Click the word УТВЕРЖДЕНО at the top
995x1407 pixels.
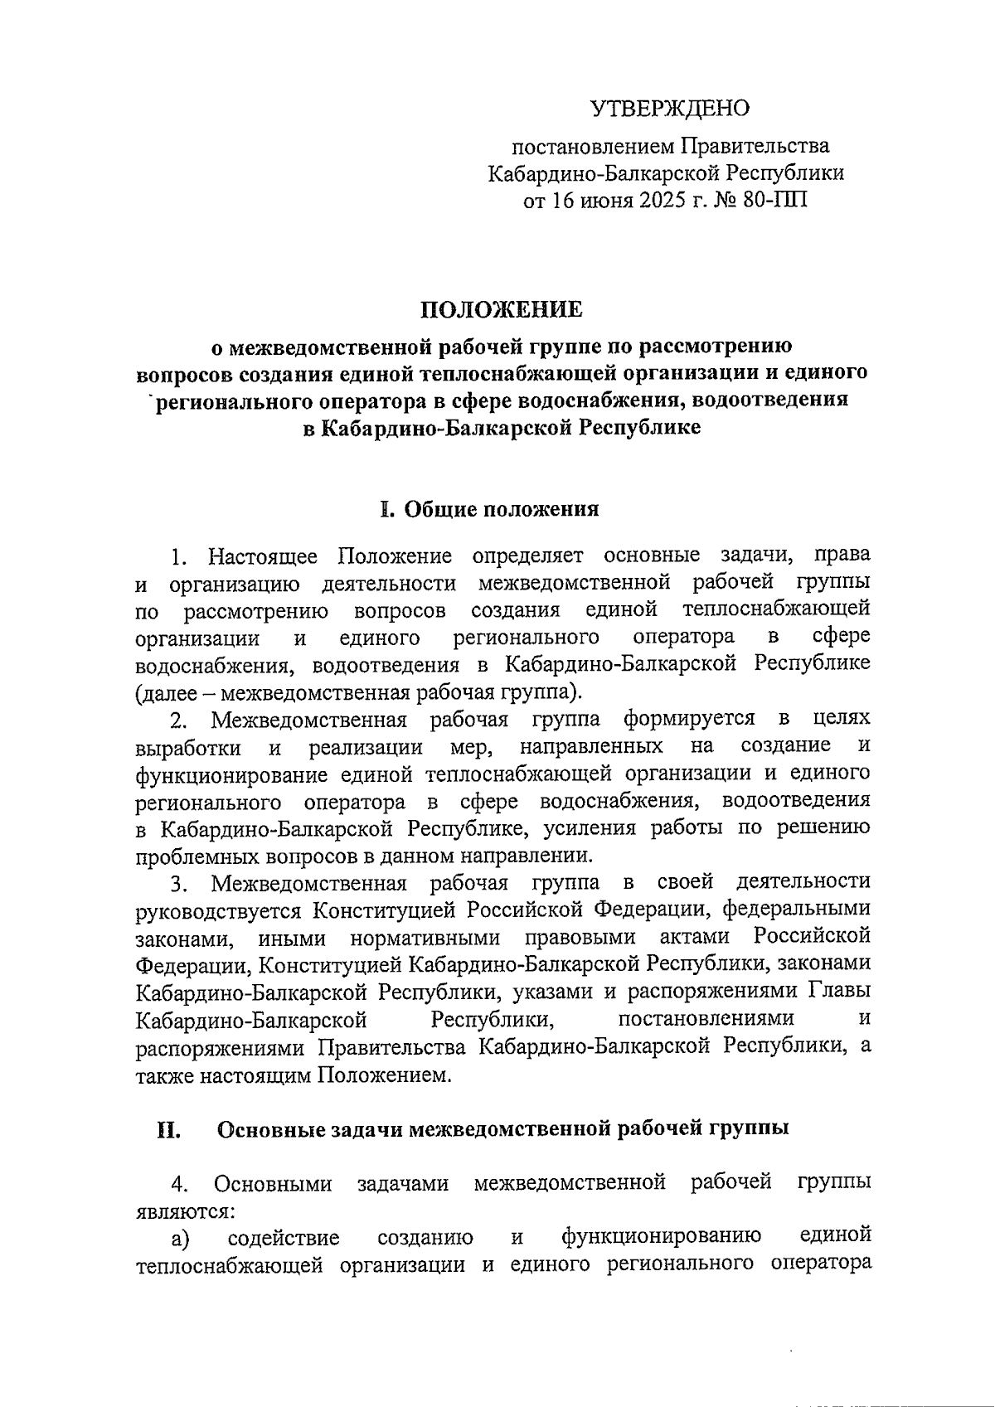(x=669, y=109)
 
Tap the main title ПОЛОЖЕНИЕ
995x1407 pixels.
(x=502, y=309)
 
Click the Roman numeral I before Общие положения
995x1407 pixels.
(x=385, y=508)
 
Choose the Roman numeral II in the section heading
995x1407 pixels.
(x=169, y=1128)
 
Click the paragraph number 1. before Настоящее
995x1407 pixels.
(x=180, y=556)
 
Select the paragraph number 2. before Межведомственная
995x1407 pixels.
(x=180, y=719)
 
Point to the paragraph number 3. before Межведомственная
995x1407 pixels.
(x=180, y=882)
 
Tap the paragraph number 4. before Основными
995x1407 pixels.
(x=180, y=1183)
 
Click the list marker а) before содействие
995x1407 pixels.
(x=180, y=1239)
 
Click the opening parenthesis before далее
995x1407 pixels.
(x=138, y=691)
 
